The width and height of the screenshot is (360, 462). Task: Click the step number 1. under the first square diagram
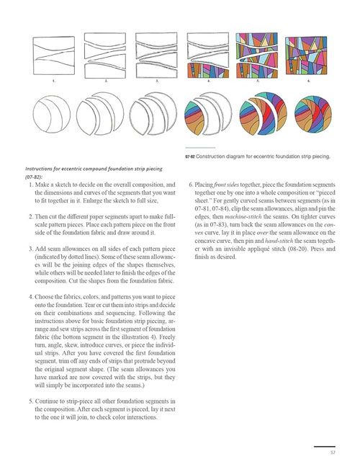(53, 81)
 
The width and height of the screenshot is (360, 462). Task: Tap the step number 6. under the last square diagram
(308, 81)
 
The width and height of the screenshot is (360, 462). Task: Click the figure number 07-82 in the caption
(189, 156)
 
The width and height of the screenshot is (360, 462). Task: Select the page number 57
(333, 453)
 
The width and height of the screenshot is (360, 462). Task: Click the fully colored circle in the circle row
(313, 114)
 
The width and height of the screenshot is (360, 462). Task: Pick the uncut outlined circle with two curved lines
(52, 114)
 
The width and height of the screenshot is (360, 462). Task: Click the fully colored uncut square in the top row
(306, 55)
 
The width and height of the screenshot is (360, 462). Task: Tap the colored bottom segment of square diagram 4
(208, 70)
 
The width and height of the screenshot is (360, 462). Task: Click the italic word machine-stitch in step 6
(243, 216)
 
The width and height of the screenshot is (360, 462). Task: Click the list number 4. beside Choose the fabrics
(31, 297)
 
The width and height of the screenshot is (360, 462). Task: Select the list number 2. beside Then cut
(31, 216)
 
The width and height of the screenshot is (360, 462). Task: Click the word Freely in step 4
(167, 337)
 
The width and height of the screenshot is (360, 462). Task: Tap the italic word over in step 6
(262, 233)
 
